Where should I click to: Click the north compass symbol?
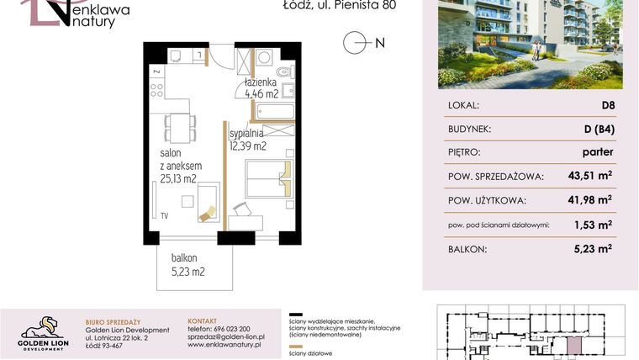[356, 42]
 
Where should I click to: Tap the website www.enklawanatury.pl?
[224, 345]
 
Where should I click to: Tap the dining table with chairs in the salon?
[177, 127]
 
